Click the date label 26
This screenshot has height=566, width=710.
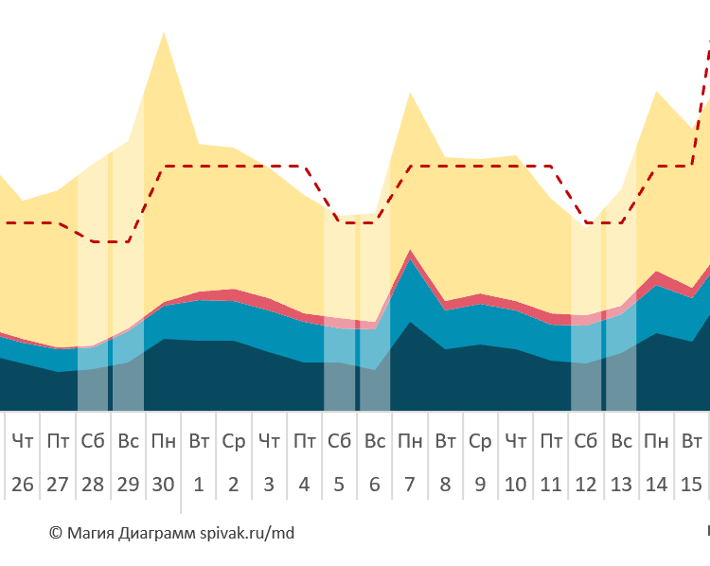click(x=23, y=485)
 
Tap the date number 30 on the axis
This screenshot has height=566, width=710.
click(x=163, y=485)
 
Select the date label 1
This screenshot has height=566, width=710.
click(x=199, y=485)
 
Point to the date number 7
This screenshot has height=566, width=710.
click(x=410, y=485)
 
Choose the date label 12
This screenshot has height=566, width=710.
click(x=586, y=485)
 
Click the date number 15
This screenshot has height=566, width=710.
click(x=692, y=485)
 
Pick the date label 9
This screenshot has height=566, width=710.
click(x=480, y=485)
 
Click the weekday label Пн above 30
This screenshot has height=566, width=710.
click(x=163, y=441)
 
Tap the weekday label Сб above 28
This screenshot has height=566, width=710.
click(x=93, y=441)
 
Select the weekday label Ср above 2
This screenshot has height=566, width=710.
click(x=234, y=441)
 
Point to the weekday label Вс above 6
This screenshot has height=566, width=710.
click(x=375, y=441)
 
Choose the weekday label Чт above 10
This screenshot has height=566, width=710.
click(x=516, y=441)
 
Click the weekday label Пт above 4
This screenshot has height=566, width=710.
click(x=304, y=441)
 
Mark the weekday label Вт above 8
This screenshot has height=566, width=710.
click(x=445, y=441)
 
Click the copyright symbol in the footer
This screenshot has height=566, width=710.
click(x=55, y=533)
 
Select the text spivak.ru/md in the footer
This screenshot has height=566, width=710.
click(x=247, y=533)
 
